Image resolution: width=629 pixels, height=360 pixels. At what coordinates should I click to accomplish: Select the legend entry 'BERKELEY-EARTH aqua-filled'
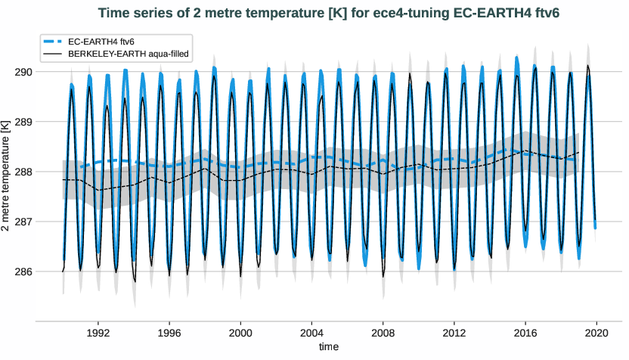click(x=128, y=54)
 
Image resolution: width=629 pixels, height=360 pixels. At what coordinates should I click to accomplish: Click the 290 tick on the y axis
click(x=23, y=72)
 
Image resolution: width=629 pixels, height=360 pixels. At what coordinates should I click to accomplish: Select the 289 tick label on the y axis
click(x=23, y=122)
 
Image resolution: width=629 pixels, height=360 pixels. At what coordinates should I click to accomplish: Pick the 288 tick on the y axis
click(x=23, y=172)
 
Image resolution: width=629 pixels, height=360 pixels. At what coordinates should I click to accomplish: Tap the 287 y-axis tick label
click(x=23, y=222)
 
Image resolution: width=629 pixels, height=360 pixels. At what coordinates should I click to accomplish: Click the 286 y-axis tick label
click(x=23, y=272)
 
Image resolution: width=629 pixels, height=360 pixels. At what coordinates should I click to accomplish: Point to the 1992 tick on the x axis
click(x=98, y=332)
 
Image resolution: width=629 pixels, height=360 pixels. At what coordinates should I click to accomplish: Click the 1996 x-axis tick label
click(x=169, y=332)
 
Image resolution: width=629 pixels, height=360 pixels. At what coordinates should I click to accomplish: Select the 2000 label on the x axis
click(x=240, y=332)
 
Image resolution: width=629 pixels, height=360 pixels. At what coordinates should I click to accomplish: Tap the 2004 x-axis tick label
click(x=311, y=332)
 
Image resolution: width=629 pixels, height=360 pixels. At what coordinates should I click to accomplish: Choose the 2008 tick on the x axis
click(x=383, y=332)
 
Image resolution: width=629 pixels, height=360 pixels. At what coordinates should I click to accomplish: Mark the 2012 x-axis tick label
click(x=454, y=332)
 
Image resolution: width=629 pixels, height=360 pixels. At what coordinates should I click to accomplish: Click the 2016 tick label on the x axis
click(x=525, y=332)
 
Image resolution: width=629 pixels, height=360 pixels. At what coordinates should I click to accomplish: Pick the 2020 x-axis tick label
click(x=597, y=332)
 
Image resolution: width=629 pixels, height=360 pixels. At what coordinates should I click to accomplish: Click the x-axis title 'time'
click(x=328, y=346)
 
